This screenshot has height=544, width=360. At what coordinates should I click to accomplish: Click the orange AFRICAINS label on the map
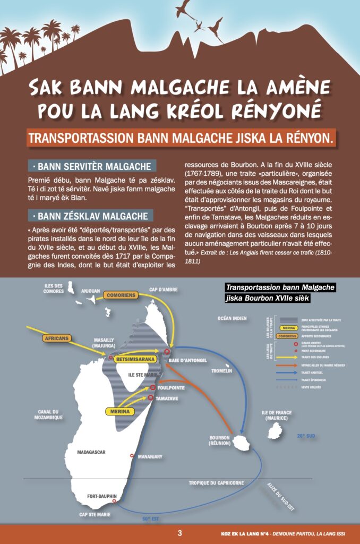(56, 338)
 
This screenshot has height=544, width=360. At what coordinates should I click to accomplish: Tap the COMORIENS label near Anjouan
(119, 295)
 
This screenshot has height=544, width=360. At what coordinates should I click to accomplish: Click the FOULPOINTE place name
(171, 387)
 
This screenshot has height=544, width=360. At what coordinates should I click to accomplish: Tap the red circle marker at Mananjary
(132, 455)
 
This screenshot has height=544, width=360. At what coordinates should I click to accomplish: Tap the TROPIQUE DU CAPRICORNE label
(217, 483)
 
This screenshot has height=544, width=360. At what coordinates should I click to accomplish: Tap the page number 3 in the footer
(180, 533)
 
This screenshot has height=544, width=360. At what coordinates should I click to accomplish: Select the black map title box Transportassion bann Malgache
(280, 292)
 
